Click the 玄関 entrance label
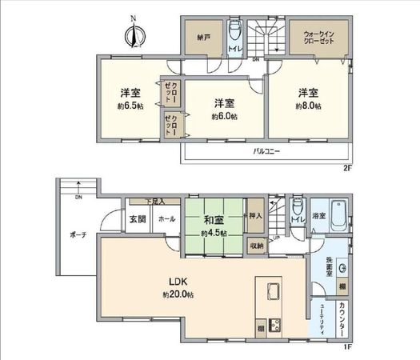tap(138, 218)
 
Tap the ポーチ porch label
tap(78, 235)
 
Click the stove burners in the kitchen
tap(276, 326)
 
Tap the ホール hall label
tap(166, 218)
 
